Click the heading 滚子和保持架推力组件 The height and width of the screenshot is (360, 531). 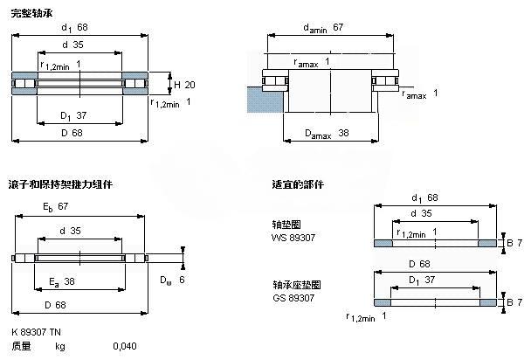[60, 185]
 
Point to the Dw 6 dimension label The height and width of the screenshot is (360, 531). [171, 280]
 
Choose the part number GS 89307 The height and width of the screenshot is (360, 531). [293, 298]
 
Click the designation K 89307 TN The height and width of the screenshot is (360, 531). [36, 332]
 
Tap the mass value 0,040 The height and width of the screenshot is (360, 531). [125, 347]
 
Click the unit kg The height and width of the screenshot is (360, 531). [60, 347]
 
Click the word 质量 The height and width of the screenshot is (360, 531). [21, 347]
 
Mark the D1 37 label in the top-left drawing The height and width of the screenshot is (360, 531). [71, 115]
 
